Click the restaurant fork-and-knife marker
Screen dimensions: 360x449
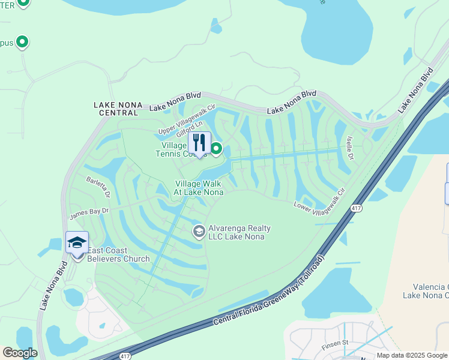tap(199, 143)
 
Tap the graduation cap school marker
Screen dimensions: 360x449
tap(77, 243)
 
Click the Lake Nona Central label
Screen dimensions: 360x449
tap(118, 108)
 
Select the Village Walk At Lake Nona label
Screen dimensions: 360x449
tap(199, 188)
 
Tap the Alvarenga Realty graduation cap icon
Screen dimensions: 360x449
tap(199, 231)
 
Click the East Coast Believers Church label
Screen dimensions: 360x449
tap(118, 254)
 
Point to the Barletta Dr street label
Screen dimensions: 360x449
tap(98, 187)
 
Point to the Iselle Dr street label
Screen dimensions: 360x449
tap(349, 148)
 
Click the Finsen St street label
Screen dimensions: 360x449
tap(337, 343)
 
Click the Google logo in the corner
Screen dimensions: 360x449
tap(20, 353)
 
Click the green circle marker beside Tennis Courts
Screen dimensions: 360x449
tap(215, 148)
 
